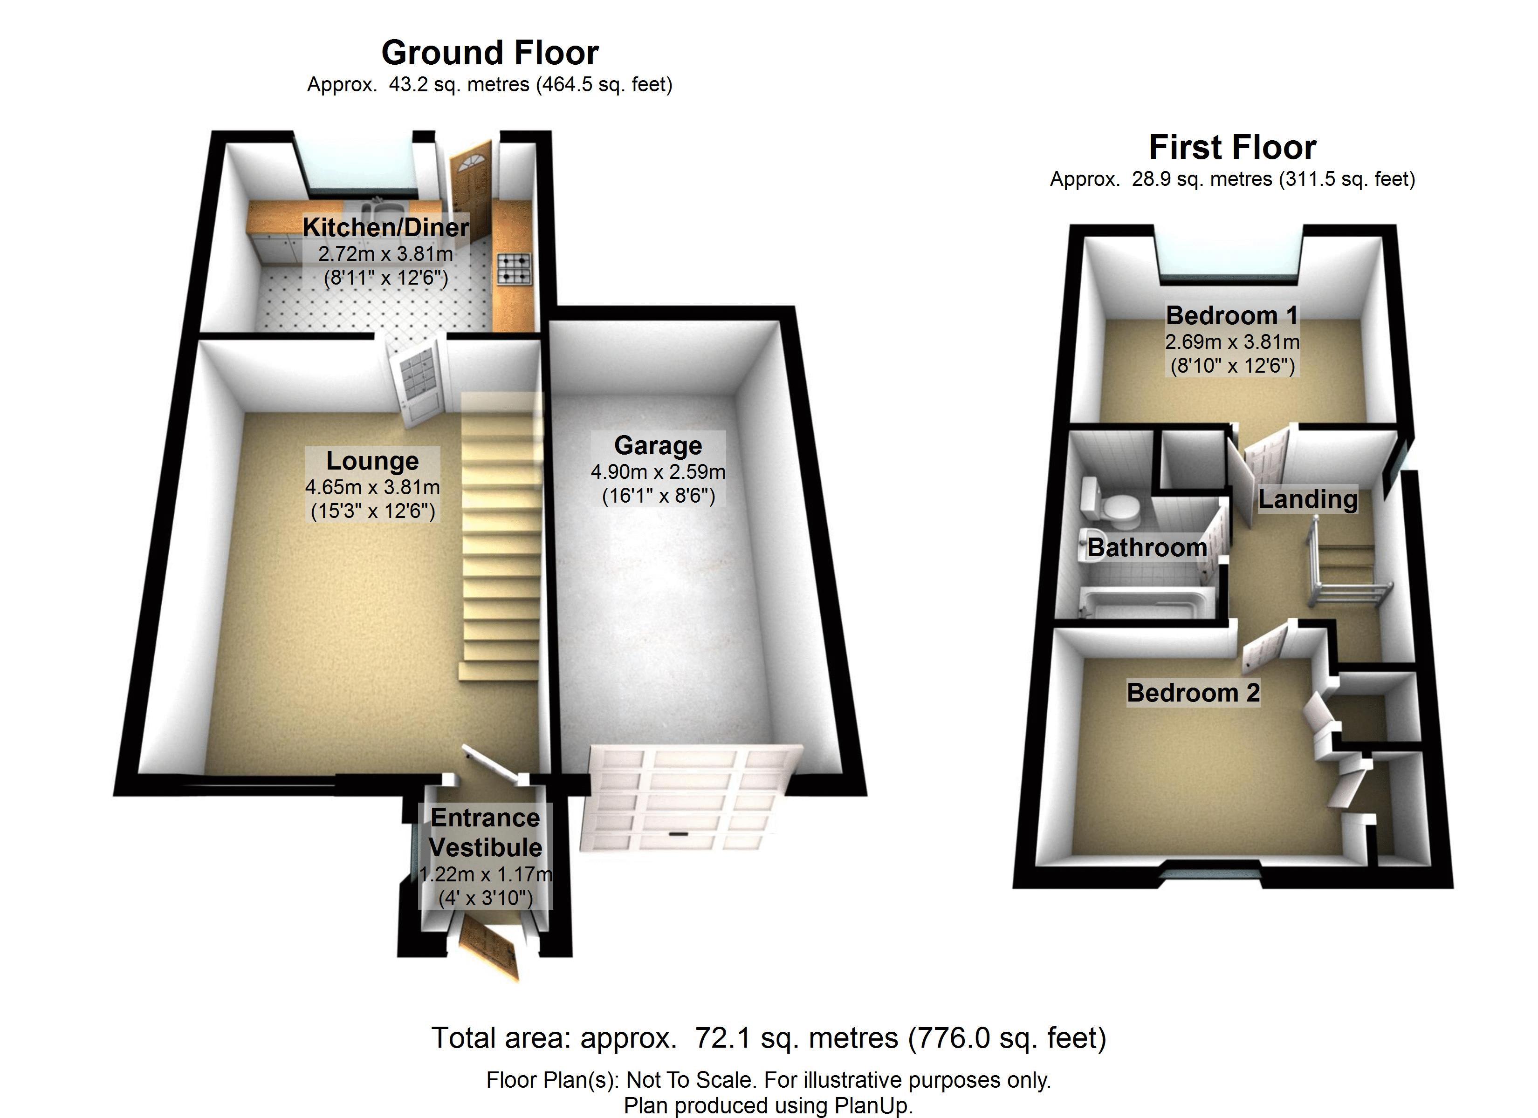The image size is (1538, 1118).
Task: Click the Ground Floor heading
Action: (x=490, y=53)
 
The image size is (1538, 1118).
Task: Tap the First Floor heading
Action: (x=1232, y=147)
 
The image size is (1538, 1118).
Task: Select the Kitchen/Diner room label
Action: (x=385, y=227)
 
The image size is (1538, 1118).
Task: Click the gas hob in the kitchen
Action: (x=515, y=268)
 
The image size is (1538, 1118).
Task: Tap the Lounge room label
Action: (x=372, y=461)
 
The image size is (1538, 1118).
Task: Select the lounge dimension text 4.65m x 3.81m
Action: (x=372, y=487)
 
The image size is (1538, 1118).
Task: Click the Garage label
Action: (x=658, y=445)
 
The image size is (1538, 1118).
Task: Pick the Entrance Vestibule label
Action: (x=486, y=832)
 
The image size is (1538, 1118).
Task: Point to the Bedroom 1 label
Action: (x=1232, y=316)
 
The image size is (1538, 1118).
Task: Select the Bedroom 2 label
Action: (x=1193, y=693)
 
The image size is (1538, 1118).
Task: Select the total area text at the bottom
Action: (x=769, y=1037)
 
